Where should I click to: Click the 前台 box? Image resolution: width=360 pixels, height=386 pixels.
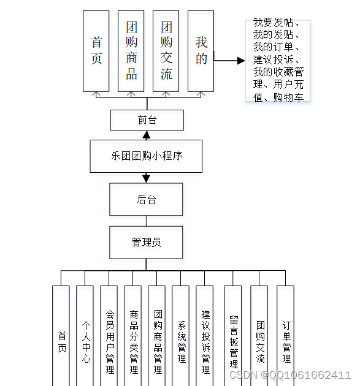click(x=147, y=120)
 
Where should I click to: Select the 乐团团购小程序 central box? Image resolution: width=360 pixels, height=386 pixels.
click(x=147, y=156)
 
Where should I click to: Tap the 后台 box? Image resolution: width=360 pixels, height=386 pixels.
click(x=147, y=199)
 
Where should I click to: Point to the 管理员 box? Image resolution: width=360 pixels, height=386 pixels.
click(x=147, y=242)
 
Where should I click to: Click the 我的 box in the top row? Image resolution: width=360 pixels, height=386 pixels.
click(x=201, y=51)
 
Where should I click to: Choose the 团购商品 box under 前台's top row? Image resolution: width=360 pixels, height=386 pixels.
click(x=131, y=51)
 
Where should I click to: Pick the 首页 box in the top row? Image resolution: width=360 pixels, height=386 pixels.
click(x=96, y=51)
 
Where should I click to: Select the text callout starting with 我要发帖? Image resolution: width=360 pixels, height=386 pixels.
click(x=278, y=60)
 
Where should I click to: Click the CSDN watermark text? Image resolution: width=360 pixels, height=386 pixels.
click(x=289, y=374)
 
